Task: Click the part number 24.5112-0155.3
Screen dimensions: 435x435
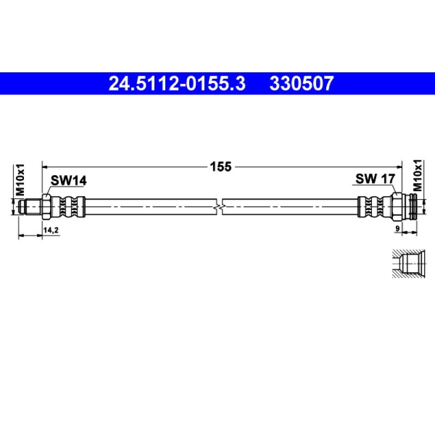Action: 177,84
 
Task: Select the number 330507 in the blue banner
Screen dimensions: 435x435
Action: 302,84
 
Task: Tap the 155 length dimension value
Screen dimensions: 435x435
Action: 221,167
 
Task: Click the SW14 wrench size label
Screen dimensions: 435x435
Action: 69,181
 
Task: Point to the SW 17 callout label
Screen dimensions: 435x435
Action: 375,179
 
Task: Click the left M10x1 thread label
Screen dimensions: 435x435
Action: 20,179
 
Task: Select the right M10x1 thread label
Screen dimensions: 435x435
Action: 418,176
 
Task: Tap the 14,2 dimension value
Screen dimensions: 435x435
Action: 51,230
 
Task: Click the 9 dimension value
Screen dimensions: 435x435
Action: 397,228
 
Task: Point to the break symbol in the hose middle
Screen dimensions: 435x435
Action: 219,207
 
